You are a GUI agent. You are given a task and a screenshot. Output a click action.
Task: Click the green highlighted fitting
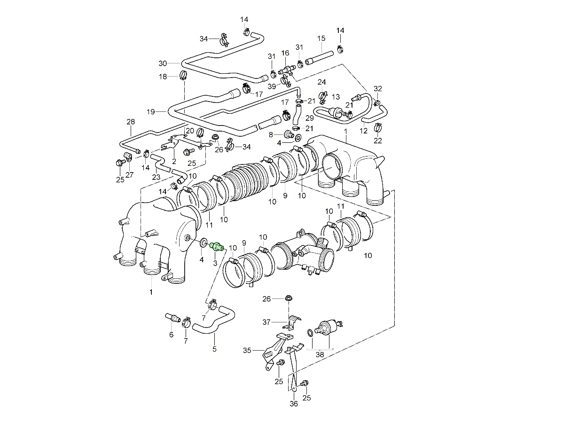pyautogui.click(x=217, y=246)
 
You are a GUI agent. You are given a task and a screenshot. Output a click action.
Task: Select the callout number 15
pyautogui.click(x=321, y=39)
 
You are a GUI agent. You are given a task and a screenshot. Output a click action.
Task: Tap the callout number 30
pyautogui.click(x=163, y=63)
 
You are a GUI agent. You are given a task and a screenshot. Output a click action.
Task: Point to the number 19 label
pyautogui.click(x=150, y=112)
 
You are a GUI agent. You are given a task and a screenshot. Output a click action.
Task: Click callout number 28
pyautogui.click(x=131, y=122)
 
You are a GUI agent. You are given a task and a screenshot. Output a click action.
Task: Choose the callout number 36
pyautogui.click(x=294, y=403)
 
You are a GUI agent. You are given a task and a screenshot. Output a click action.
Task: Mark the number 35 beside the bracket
pyautogui.click(x=247, y=350)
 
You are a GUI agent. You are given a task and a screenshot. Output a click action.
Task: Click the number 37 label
pyautogui.click(x=266, y=322)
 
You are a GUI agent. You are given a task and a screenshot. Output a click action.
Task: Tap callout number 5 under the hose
pyautogui.click(x=214, y=349)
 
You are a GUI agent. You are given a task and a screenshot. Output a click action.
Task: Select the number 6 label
pyautogui.click(x=171, y=335)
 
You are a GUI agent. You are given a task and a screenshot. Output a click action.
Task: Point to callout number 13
pyautogui.click(x=336, y=97)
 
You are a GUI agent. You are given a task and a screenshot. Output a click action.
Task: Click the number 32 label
pyautogui.click(x=378, y=88)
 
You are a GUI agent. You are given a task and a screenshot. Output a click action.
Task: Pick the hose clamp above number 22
pyautogui.click(x=378, y=127)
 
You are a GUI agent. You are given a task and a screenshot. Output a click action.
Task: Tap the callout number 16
pyautogui.click(x=285, y=53)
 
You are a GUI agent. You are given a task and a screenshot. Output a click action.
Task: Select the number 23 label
pyautogui.click(x=156, y=177)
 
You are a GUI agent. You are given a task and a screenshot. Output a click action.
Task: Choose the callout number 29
pyautogui.click(x=309, y=118)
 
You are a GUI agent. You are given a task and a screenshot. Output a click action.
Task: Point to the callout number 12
pyautogui.click(x=364, y=130)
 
